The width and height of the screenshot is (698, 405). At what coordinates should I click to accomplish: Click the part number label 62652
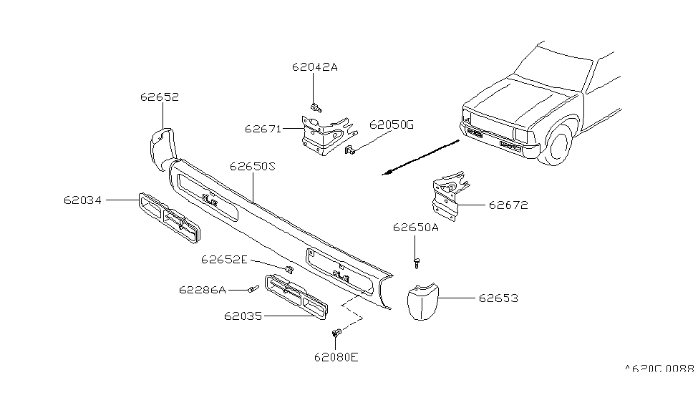coord(159,97)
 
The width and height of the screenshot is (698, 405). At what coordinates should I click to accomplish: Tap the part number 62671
coord(263,130)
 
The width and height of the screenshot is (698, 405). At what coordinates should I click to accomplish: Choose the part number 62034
coord(82,201)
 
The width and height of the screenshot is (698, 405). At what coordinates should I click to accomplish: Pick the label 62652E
coord(224,259)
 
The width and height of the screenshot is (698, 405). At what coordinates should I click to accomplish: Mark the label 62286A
coord(203,290)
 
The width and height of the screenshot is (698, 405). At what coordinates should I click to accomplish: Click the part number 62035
coord(243,315)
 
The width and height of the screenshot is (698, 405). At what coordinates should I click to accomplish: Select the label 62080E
coord(335,356)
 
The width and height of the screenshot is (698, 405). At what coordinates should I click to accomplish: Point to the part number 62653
coord(499,298)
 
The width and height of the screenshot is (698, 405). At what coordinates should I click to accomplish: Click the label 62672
coord(508,205)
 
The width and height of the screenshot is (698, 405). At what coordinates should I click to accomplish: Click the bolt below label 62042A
coord(316,108)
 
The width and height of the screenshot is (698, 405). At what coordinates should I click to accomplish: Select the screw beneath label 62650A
coord(416,263)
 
